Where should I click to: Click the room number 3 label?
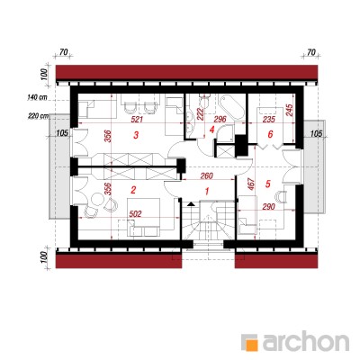pos(136,135)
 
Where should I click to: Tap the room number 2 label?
pos(134,190)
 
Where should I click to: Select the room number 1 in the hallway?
pos(206,191)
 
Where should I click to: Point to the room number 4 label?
pos(212,130)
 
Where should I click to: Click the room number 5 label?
pos(268,184)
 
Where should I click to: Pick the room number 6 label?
pos(270,134)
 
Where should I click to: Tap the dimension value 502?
pos(135,213)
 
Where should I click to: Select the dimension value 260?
pos(207,175)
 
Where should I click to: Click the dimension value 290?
pos(269,207)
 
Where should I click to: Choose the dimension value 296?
pos(220,119)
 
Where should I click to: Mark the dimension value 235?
pos(268,119)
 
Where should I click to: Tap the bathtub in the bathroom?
pos(230,109)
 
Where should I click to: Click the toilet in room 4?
pos(205,101)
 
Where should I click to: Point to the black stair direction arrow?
pos(191,204)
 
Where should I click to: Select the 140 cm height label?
pos(37,97)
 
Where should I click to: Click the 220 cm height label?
pos(37,116)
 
